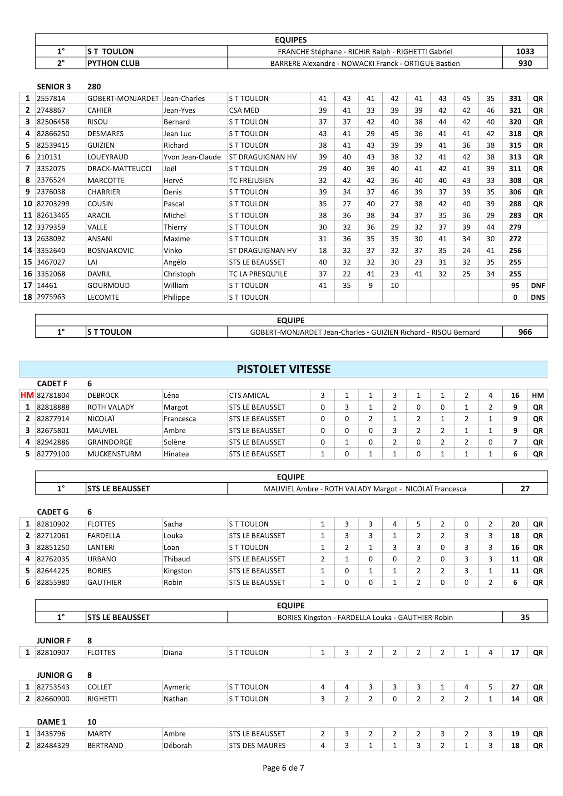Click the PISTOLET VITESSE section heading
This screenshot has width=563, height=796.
[283, 369]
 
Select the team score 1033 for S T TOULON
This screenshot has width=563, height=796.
[525, 52]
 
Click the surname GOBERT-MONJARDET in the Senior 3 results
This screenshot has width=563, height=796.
[123, 99]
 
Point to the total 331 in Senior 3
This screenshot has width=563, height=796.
[515, 99]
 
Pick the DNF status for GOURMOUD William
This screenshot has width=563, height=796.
[538, 286]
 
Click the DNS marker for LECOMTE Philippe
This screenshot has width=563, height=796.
[538, 297]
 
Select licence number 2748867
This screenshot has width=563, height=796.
[51, 110]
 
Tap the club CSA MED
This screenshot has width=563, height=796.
[244, 110]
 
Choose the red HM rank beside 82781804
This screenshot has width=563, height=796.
[27, 396]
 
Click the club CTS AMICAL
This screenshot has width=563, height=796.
[249, 396]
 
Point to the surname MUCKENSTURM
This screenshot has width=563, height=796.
[114, 454]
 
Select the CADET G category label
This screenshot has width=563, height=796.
[53, 512]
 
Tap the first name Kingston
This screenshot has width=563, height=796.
[178, 571]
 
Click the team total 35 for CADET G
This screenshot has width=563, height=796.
[525, 618]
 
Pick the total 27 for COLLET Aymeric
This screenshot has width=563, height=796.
[515, 687]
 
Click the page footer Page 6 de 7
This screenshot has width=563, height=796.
[283, 768]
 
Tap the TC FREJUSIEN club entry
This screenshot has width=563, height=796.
[251, 180]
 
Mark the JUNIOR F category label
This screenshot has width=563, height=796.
[54, 641]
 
